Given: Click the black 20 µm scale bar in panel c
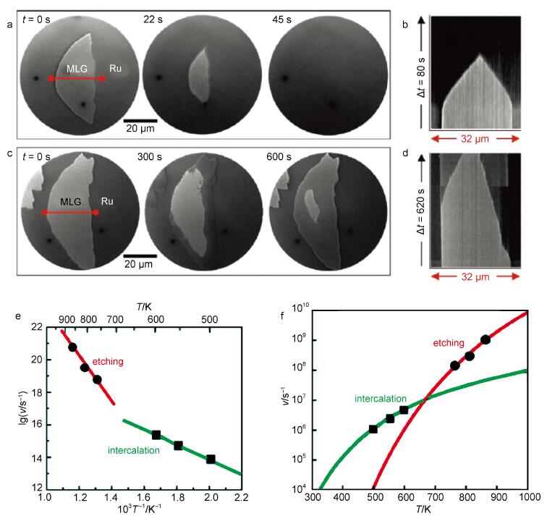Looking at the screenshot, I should pos(140,255).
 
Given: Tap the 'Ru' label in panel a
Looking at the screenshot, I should pos(115,69).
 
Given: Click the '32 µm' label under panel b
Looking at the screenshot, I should pos(476,143).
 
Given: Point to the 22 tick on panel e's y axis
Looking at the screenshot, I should pos(35,328).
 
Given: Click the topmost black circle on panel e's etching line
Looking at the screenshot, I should pos(72,347).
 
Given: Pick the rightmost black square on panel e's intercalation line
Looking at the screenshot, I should pos(211,459).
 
